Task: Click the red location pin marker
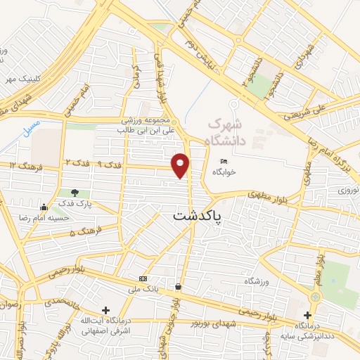click(181, 165)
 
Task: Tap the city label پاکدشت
click(196, 216)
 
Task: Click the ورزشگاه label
click(257, 281)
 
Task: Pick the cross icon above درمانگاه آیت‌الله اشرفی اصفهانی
click(105, 309)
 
